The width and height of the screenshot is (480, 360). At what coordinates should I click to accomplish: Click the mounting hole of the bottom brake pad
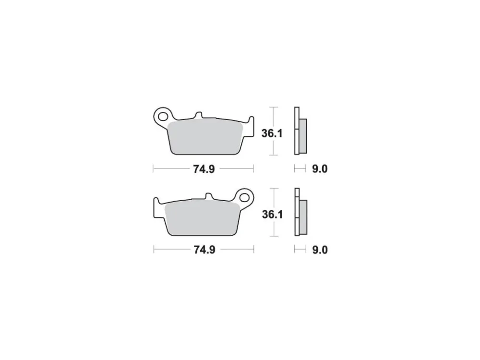tap(244, 197)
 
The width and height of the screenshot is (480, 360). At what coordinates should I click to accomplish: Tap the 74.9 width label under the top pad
tap(204, 169)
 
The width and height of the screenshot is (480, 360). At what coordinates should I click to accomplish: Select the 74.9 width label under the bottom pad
tap(204, 250)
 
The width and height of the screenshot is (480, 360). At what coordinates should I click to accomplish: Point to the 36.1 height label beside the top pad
tap(272, 133)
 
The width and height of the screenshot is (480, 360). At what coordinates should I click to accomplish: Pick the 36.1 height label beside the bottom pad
tap(273, 214)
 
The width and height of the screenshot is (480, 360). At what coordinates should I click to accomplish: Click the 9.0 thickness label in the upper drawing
tap(320, 169)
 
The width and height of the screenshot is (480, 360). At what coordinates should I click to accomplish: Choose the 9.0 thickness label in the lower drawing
tap(320, 250)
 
